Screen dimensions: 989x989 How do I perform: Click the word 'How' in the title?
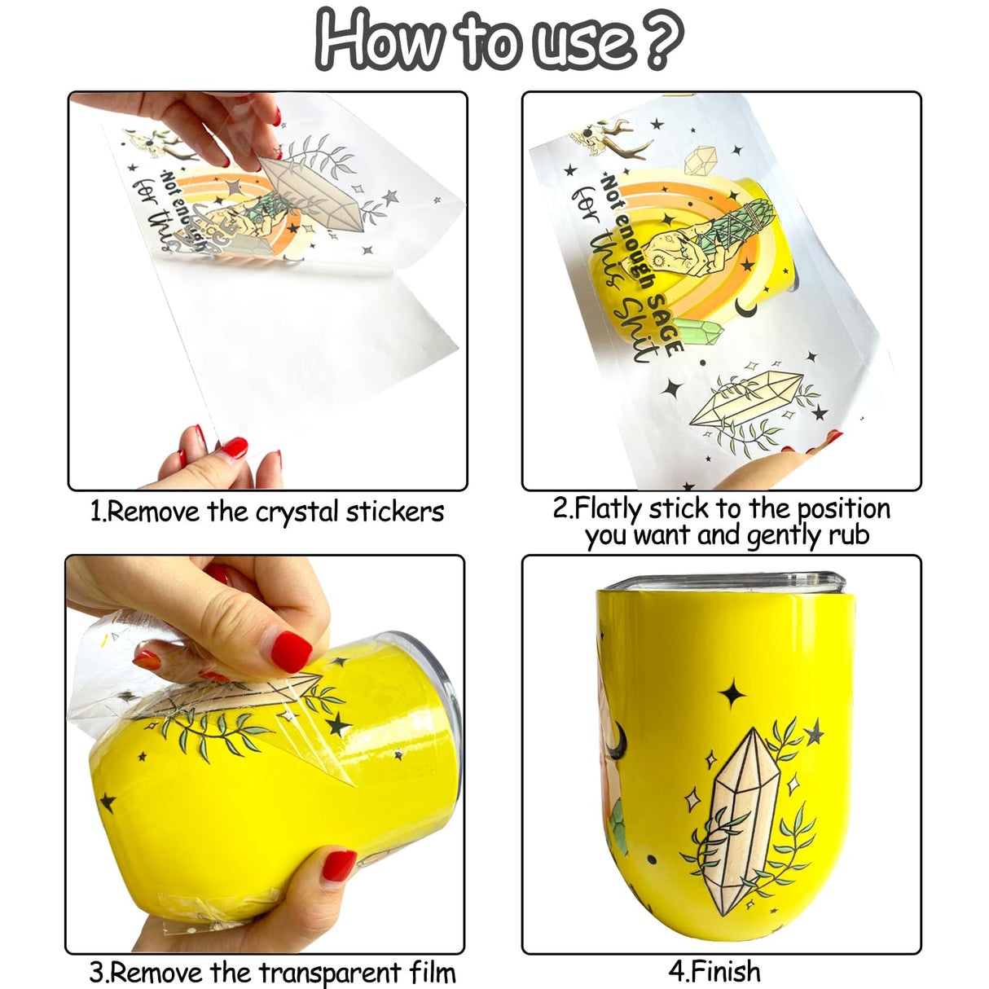(378, 39)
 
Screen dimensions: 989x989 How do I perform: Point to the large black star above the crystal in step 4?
(732, 694)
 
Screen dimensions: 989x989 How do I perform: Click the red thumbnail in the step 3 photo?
(291, 651)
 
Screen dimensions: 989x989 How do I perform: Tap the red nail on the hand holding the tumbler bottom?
(338, 864)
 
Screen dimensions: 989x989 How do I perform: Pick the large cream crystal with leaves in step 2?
(745, 399)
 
